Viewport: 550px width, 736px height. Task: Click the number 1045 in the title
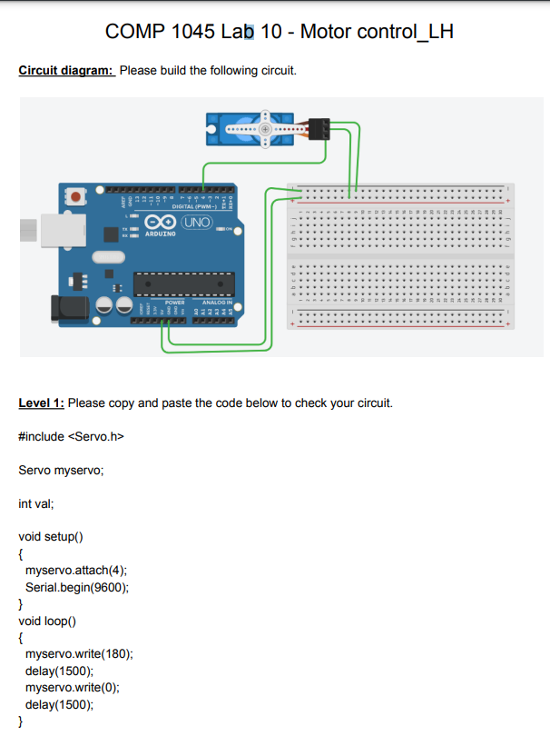pos(190,32)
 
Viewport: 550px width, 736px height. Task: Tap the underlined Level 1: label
pos(42,403)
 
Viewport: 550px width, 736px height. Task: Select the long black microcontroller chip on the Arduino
pos(182,283)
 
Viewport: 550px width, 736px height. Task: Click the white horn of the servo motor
pos(265,130)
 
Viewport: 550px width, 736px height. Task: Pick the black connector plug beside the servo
pos(319,129)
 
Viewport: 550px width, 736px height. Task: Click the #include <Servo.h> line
pos(70,437)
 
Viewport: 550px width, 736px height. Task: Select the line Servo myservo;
pos(61,470)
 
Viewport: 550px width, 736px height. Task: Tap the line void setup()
pos(51,536)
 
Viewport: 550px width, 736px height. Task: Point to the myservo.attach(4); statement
pos(76,570)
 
